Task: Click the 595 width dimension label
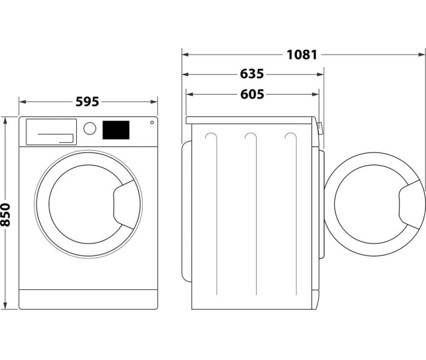[x=87, y=102]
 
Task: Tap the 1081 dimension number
[x=301, y=55]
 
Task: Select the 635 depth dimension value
[x=252, y=74]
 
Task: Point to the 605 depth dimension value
[x=252, y=94]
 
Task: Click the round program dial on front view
[x=90, y=128]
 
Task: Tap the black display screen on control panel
[x=116, y=129]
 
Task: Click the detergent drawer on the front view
[x=49, y=131]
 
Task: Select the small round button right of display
[x=151, y=123]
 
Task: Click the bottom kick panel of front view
[x=88, y=299]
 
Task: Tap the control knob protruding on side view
[x=320, y=128]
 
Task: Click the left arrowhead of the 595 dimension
[x=22, y=102]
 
